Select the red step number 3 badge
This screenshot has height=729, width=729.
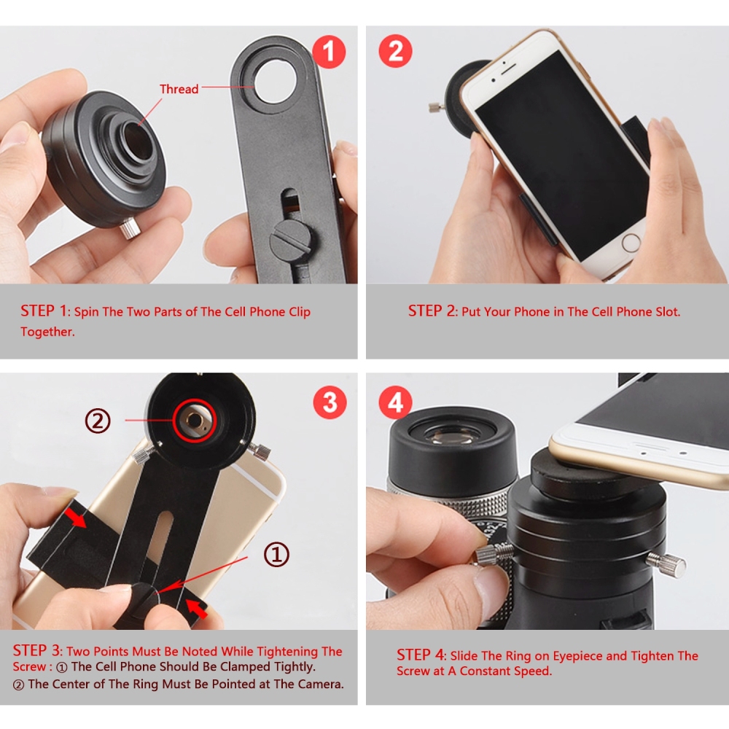tap(330, 402)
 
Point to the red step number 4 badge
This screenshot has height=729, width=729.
tap(396, 402)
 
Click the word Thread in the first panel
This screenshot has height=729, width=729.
tap(179, 89)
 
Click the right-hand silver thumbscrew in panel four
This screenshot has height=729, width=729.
tap(674, 565)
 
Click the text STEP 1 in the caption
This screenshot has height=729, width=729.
tap(43, 311)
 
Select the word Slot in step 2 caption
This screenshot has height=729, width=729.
tap(663, 311)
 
